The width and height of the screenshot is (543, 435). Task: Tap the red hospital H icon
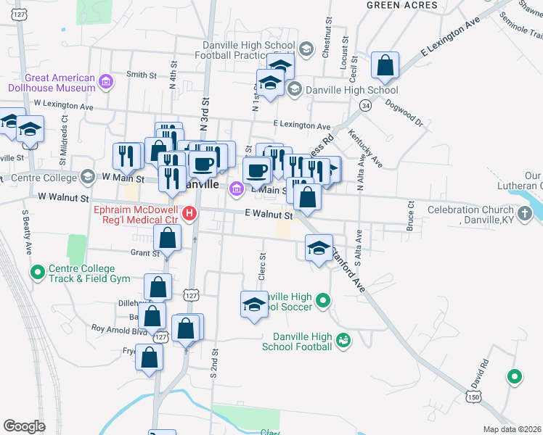coord(189,213)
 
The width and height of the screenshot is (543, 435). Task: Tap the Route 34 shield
coord(365,106)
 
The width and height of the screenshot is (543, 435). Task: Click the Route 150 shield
coord(473,397)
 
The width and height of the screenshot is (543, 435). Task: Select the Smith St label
coord(142,75)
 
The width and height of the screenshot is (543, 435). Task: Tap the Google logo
coord(24,426)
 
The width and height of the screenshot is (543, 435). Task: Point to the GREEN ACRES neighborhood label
coord(401,5)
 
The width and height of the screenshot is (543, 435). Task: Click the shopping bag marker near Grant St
coord(167,239)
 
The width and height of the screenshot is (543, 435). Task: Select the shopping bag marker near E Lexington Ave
coord(385,66)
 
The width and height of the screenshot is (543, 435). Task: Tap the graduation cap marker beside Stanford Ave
coord(319,248)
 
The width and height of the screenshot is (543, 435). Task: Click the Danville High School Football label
coord(302,341)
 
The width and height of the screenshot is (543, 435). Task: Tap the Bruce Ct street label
coord(410,215)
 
